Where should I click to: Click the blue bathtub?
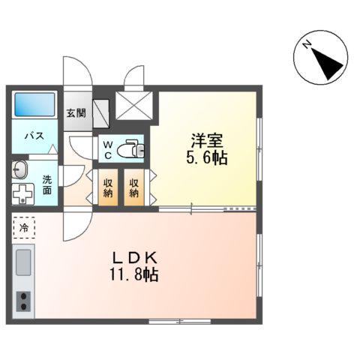[x=34, y=104]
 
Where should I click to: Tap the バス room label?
[x=34, y=136]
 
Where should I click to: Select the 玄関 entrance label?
[x=76, y=113]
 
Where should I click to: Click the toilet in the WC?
[x=130, y=149]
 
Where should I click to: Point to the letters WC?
[x=108, y=150]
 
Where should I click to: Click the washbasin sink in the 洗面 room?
[x=19, y=169]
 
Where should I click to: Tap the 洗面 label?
[x=47, y=184]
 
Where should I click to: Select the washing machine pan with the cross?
[x=23, y=194]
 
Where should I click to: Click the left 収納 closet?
[x=108, y=187]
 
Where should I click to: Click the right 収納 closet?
[x=134, y=187]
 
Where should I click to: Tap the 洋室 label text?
[x=207, y=141]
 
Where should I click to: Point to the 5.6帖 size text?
[x=207, y=157]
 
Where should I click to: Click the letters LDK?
[x=135, y=258]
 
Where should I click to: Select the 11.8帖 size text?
[x=134, y=275]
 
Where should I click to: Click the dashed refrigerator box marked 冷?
[x=24, y=227]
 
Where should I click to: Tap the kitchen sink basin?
[x=23, y=262]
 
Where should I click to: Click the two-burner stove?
[x=23, y=301]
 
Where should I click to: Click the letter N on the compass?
[x=306, y=45]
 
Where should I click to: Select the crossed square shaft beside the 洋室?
[x=133, y=106]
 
